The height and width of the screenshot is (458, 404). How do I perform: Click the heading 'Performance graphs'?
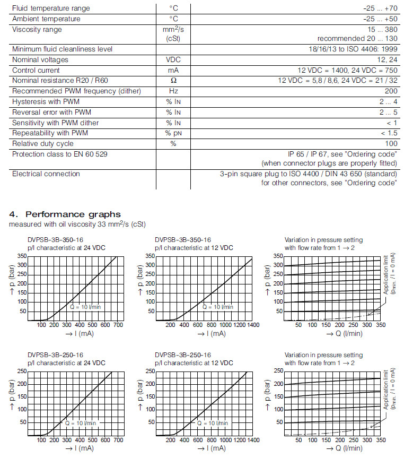[x=73, y=214]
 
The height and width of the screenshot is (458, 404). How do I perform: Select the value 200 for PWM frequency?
[x=391, y=91]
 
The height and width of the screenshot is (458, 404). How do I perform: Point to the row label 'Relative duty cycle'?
[x=43, y=144]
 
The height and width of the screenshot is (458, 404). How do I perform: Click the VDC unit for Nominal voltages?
[x=173, y=60]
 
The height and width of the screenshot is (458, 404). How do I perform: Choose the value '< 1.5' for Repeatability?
[x=389, y=133]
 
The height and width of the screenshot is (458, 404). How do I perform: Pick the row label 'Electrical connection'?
[x=46, y=174]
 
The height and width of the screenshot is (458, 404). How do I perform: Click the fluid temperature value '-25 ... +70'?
[x=379, y=8]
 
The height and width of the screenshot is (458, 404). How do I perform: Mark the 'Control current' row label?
[x=36, y=70]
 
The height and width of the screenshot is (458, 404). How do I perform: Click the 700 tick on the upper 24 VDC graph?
[x=118, y=324]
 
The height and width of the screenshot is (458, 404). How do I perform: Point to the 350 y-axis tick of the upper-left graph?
[x=21, y=256]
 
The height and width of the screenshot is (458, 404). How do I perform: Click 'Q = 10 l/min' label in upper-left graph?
[x=86, y=307]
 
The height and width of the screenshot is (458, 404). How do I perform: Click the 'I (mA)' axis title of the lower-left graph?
[x=80, y=448]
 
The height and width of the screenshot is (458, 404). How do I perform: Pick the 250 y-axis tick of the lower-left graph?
[x=21, y=371]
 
